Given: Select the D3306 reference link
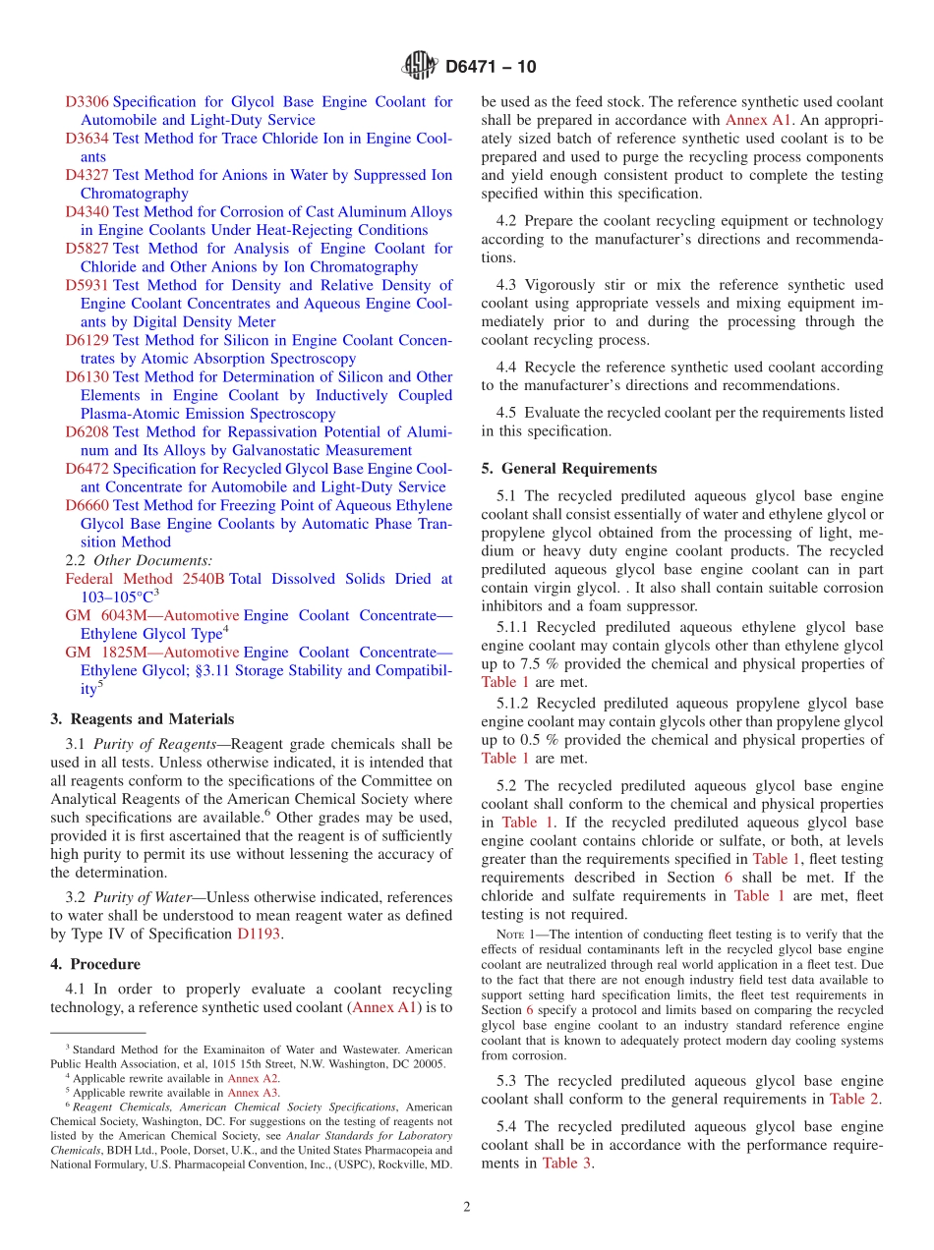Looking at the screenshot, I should (x=87, y=101).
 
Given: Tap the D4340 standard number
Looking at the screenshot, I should (x=87, y=211).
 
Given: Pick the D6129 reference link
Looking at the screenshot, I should (x=87, y=340).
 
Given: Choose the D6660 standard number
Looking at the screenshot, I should (x=87, y=505).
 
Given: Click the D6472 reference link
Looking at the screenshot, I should (x=87, y=469).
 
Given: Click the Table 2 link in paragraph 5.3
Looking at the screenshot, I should (x=854, y=1099).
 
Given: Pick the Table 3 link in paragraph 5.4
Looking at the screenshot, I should (x=567, y=1163).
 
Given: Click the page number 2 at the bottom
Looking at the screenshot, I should (x=467, y=1208).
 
